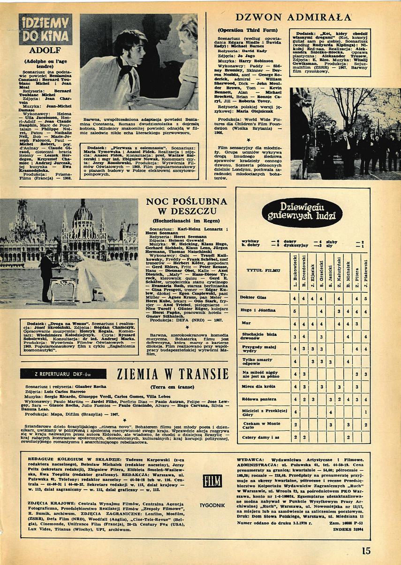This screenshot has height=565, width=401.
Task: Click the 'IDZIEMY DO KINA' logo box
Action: (x=45, y=29)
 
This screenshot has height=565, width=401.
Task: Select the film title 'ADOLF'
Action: (x=45, y=50)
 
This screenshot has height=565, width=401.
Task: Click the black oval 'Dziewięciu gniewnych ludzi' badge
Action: (x=295, y=212)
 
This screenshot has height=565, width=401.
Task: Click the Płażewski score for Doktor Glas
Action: (x=365, y=298)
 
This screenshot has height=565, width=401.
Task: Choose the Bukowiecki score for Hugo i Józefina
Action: (x=295, y=310)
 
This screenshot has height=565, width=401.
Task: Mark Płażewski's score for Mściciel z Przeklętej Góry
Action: (x=365, y=412)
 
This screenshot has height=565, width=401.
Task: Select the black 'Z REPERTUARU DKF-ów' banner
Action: (x=63, y=373)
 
